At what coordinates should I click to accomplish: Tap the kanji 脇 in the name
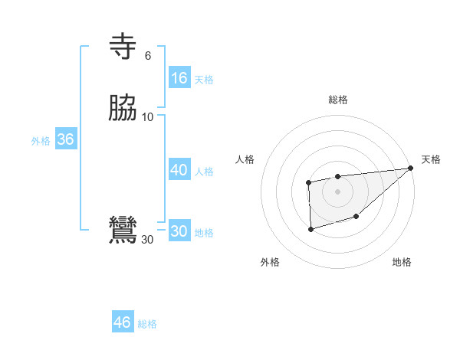123,109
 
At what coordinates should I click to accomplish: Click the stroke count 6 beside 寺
148,56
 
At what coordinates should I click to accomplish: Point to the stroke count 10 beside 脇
148,117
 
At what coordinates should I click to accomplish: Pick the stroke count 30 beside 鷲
147,240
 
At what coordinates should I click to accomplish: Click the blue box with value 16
179,78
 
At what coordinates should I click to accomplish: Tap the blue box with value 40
179,170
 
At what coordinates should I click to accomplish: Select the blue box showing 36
66,139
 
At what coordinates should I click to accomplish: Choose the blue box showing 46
123,322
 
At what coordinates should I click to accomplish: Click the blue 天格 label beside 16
204,80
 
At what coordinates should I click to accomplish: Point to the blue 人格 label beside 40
204,172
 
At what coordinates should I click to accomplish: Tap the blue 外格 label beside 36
41,141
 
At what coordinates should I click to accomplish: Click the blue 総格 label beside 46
147,324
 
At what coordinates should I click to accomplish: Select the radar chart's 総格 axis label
338,100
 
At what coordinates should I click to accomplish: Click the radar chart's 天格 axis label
431,159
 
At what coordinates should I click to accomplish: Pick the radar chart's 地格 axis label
402,263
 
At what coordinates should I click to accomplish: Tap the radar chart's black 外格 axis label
270,263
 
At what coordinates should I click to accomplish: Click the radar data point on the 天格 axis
411,169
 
